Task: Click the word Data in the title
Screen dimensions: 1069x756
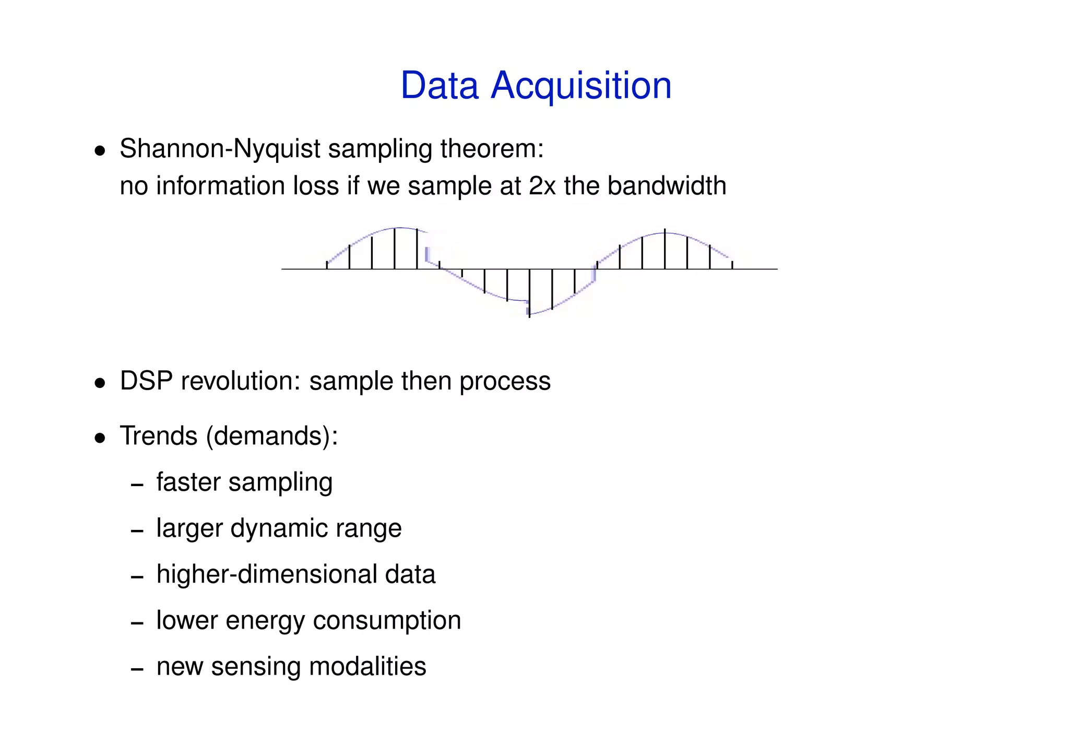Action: pos(439,86)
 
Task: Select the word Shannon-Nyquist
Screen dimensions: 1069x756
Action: pos(219,149)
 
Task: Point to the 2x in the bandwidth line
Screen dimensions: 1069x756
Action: pos(542,186)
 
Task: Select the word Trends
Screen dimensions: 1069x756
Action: pos(159,436)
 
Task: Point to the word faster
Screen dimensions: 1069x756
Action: pos(188,482)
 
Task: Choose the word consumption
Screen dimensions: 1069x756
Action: pos(387,621)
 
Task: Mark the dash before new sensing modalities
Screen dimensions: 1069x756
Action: pos(137,669)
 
